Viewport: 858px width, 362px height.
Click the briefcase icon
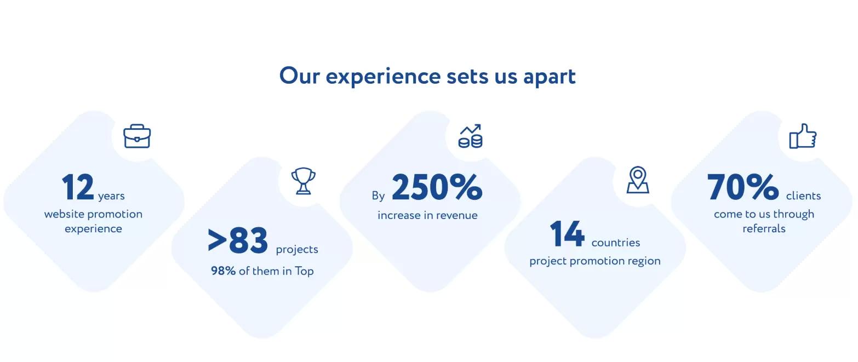pos(137,136)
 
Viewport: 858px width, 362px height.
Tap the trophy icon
pos(304,181)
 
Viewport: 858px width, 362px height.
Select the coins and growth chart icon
pos(471,136)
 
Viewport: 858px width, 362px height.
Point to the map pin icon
pos(638,180)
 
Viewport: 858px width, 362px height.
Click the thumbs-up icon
pos(803,136)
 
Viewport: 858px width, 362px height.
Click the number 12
pos(78,187)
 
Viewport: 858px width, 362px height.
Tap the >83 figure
pos(237,240)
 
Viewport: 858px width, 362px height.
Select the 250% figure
pos(437,187)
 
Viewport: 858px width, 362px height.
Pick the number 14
pos(567,233)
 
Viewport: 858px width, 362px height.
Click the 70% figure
pos(743,187)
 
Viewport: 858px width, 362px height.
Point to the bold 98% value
pos(224,271)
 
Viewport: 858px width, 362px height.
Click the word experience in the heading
pos(383,77)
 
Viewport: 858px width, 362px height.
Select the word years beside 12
pos(111,196)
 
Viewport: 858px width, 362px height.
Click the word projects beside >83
pos(297,250)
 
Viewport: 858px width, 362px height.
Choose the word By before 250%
pos(378,196)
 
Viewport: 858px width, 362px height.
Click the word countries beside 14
pos(615,243)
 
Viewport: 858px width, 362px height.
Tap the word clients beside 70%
pos(803,196)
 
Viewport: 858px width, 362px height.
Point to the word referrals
pos(764,229)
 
